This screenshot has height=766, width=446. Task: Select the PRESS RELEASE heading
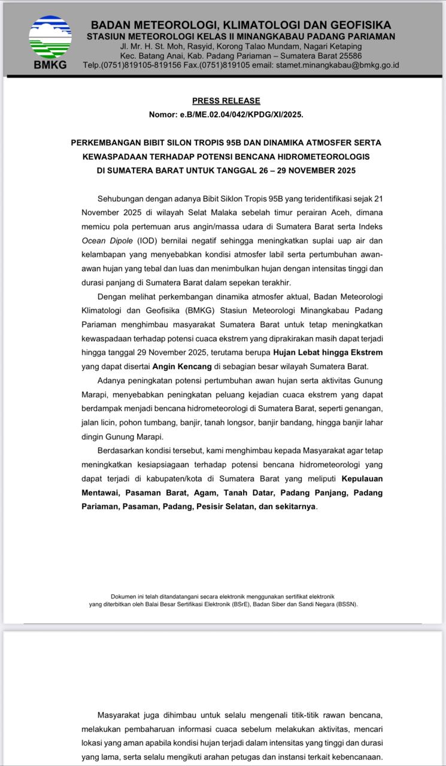coord(226,101)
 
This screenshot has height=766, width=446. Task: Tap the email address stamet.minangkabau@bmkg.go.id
coord(338,65)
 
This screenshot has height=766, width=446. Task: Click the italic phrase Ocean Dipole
coord(108,241)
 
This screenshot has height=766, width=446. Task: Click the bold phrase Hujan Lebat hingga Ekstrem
coord(327,352)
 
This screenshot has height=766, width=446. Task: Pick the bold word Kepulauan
coord(362,479)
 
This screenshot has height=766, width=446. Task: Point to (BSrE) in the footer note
coord(240,604)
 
